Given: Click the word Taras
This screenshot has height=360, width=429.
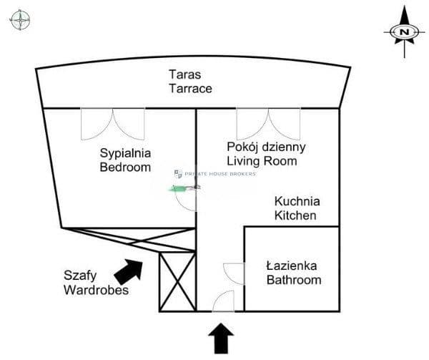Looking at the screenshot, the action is point(185,74).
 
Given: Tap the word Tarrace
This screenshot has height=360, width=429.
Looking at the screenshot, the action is point(190,89).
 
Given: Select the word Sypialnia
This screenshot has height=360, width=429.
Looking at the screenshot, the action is point(125,154).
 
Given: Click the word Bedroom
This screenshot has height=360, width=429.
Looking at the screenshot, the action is point(125,167).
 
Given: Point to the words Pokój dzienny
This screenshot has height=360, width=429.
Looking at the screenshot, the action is point(266,147).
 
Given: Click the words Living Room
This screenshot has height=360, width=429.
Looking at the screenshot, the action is point(262,161).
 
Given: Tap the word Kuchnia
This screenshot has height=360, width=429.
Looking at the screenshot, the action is point(297,202).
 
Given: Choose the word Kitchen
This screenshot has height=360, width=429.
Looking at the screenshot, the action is point(295,215).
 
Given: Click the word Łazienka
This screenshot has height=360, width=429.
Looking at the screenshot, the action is point(292,266).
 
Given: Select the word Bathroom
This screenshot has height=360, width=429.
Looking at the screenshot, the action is point(294,280).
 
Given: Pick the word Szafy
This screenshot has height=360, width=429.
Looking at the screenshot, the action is point(80,276).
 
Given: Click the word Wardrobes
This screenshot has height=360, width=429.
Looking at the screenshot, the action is point(97,290).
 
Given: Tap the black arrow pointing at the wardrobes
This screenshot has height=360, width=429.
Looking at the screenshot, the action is point(129,271).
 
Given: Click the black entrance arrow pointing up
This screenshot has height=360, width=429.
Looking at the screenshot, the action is point(221,339).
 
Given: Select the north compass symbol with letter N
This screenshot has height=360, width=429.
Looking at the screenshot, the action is point(404,32).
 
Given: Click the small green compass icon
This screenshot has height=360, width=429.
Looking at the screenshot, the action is point(20,20).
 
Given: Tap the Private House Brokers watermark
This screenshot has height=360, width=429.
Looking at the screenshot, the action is point(215,174).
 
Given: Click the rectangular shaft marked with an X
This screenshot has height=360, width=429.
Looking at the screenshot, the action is point(177,282).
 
